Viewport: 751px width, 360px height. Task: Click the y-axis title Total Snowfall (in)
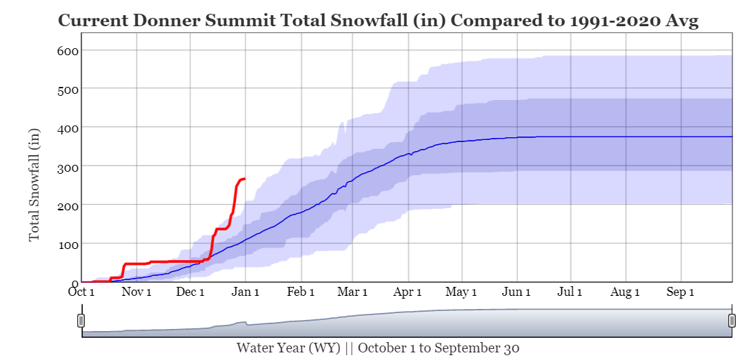tap(34, 184)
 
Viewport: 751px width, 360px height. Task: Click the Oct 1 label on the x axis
tap(81, 292)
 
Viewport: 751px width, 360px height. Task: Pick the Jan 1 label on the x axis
tap(245, 292)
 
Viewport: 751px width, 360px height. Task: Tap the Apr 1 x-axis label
tap(408, 292)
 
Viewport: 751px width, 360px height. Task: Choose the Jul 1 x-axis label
tap(570, 292)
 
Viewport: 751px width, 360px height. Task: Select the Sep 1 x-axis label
tap(680, 292)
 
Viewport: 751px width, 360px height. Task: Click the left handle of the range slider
tap(81, 320)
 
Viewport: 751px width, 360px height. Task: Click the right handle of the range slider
tap(732, 320)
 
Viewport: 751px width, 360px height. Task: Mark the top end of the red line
tap(244, 179)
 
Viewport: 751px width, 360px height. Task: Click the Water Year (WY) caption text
tap(288, 348)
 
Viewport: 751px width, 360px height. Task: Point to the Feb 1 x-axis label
tap(300, 292)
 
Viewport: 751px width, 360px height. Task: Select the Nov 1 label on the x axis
tap(136, 292)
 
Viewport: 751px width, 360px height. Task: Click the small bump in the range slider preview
tap(241, 322)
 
